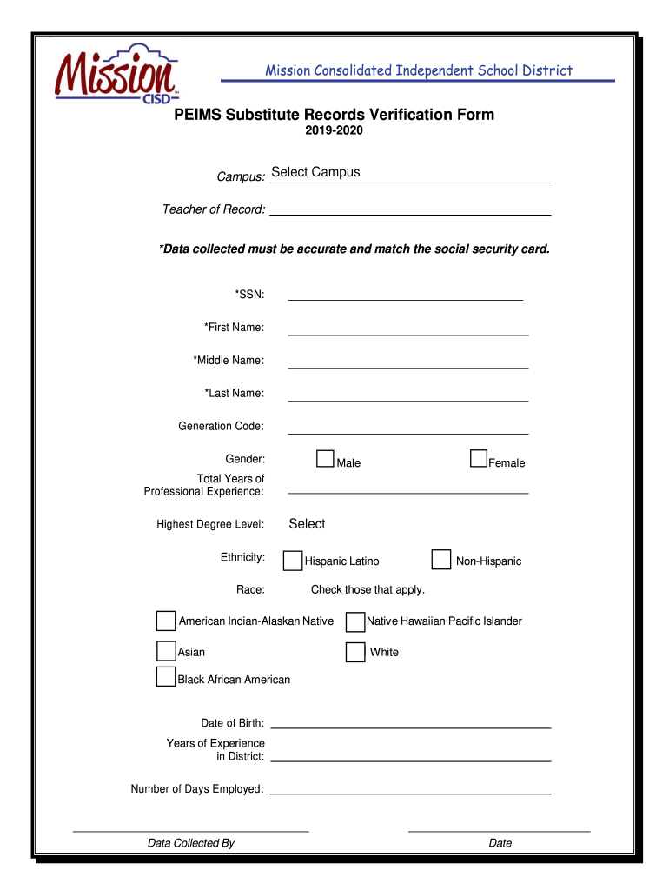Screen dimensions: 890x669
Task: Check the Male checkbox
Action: coord(325,459)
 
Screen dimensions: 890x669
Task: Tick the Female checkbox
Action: coord(479,459)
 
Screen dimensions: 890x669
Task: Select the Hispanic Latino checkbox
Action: coord(294,561)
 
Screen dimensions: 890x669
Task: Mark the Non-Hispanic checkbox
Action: coord(441,559)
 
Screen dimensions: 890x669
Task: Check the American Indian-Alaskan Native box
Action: coord(166,621)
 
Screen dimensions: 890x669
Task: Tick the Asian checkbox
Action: coord(166,651)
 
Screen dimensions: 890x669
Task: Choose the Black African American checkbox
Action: coord(166,677)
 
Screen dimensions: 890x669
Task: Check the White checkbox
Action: coord(354,652)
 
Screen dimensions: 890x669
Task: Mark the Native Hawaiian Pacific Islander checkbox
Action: coord(354,621)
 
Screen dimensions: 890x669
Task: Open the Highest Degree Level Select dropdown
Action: coord(308,524)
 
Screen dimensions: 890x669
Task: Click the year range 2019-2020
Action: coord(334,131)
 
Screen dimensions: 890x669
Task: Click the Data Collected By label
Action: coord(191,843)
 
